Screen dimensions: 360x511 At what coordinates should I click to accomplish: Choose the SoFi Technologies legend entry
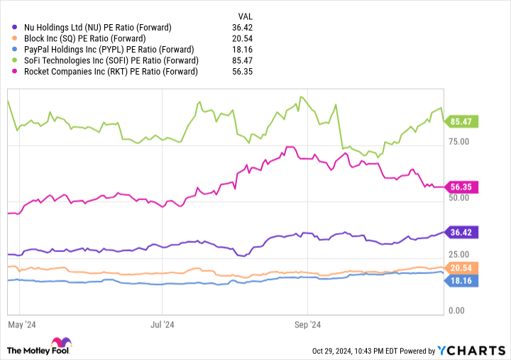click(x=106, y=60)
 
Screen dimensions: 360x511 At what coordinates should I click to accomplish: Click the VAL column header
click(x=245, y=16)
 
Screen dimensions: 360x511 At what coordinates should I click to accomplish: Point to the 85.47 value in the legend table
click(x=242, y=60)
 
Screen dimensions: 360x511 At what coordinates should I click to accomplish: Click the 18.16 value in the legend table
click(x=242, y=50)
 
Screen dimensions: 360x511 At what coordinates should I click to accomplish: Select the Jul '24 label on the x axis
click(x=163, y=324)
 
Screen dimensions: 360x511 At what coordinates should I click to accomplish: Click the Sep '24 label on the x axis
click(x=307, y=324)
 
